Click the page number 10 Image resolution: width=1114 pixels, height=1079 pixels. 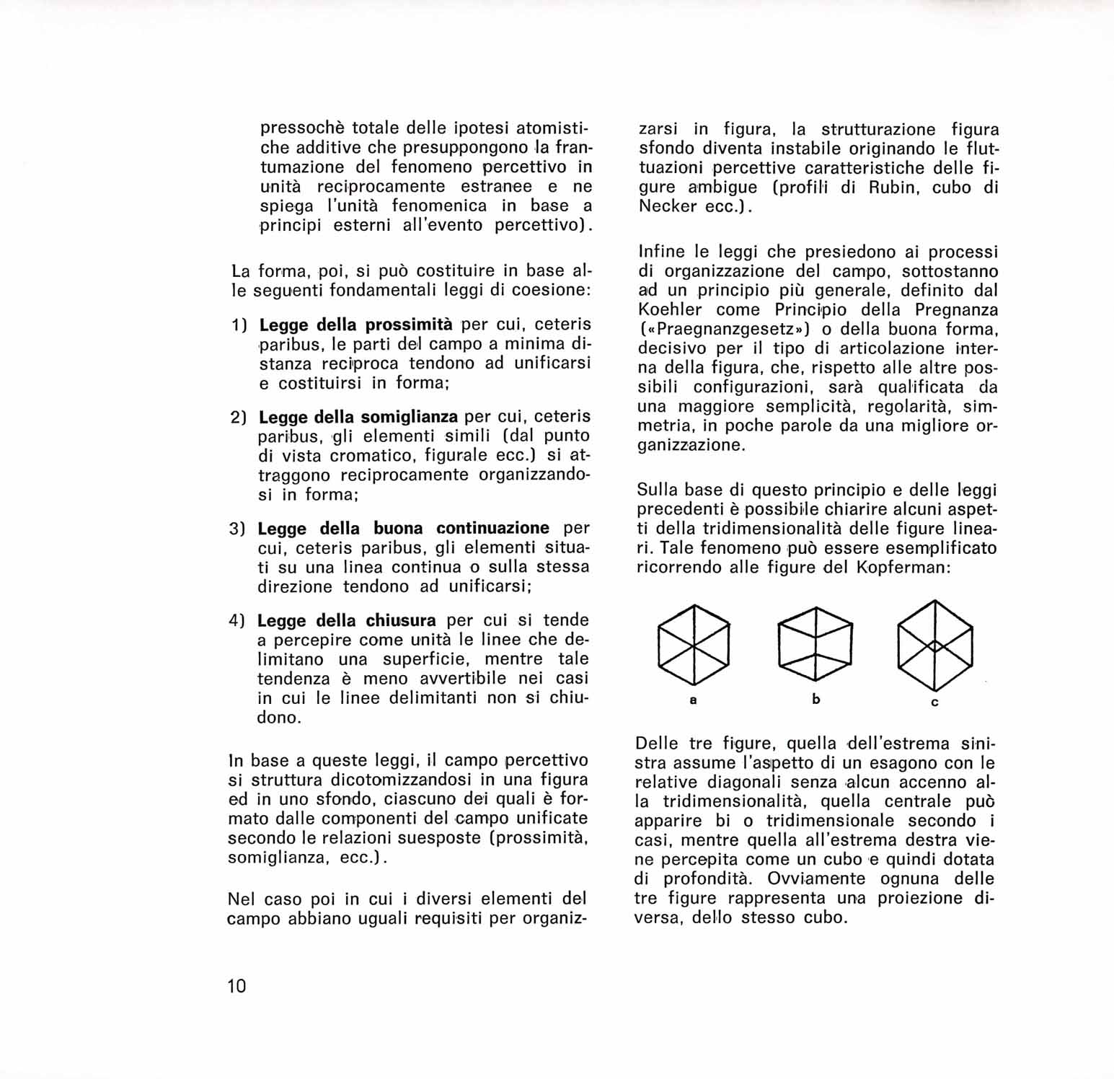pos(236,985)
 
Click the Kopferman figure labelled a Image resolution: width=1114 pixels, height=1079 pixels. pos(694,645)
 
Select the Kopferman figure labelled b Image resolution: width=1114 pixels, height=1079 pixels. pos(815,644)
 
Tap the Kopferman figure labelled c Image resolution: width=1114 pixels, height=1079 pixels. pos(935,645)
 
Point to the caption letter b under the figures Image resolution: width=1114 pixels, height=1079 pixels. pos(816,699)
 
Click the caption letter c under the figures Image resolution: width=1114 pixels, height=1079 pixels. pos(934,703)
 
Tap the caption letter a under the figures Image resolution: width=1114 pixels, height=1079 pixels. pos(693,700)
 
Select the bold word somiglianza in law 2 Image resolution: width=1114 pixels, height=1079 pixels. pos(409,417)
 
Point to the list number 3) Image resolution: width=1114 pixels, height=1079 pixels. pos(238,529)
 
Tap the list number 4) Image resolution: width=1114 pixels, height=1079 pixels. pos(238,621)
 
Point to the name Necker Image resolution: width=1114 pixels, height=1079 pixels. pos(667,207)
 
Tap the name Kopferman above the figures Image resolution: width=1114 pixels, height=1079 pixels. pos(902,567)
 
